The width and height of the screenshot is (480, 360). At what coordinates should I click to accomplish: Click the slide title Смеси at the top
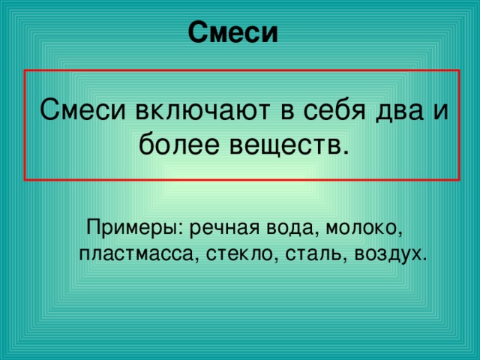tap(232, 32)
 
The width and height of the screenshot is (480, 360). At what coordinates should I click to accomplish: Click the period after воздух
tap(425, 257)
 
